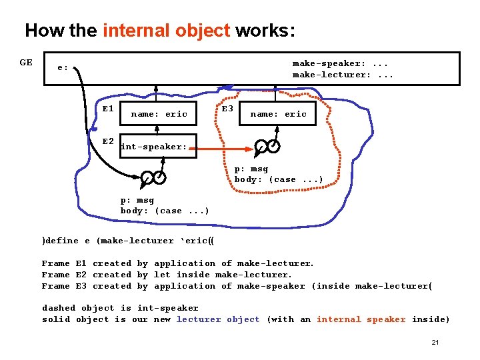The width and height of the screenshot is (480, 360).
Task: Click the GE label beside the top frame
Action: (26, 63)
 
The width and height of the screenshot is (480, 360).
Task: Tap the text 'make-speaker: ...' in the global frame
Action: (340, 63)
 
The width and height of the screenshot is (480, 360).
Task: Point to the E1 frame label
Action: (108, 109)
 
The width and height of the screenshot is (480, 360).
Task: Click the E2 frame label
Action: (108, 142)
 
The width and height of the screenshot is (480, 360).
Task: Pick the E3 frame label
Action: (227, 109)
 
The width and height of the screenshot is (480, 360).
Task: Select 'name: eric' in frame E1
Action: (159, 114)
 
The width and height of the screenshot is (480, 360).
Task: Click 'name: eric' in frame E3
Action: (278, 114)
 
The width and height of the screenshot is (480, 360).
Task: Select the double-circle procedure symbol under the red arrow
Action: (267, 147)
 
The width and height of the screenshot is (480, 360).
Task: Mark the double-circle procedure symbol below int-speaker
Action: (153, 178)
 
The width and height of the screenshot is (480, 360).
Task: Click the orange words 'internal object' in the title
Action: (167, 31)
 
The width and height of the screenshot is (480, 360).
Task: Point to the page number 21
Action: (435, 342)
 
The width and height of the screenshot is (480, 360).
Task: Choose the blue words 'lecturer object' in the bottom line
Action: (218, 319)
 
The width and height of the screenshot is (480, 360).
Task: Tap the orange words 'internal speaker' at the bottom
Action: (361, 319)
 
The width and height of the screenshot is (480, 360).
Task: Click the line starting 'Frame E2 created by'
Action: (167, 275)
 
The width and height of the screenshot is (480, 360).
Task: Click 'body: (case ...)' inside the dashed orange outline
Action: (279, 179)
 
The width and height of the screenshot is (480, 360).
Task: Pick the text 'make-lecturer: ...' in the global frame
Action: (343, 75)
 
